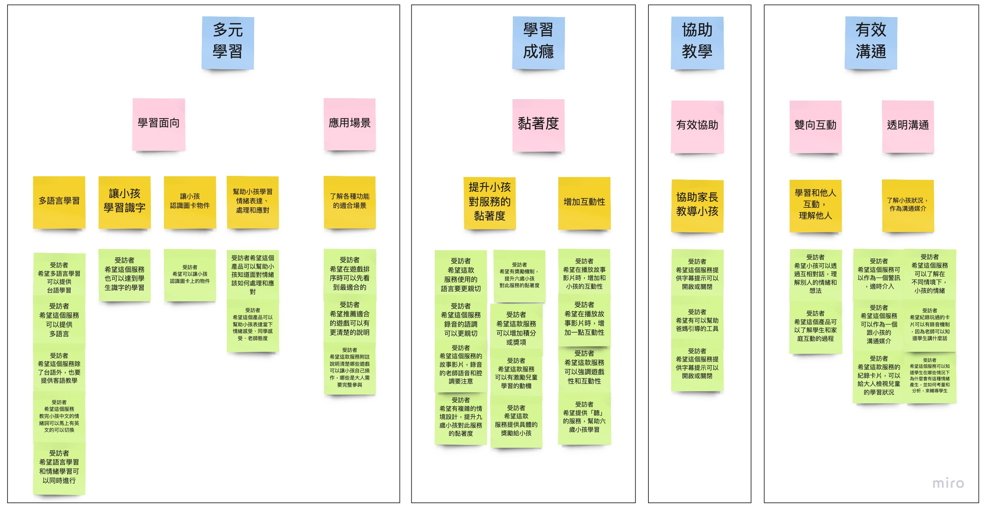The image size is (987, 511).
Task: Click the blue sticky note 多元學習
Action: [x=227, y=42]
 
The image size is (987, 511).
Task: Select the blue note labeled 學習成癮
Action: [x=538, y=42]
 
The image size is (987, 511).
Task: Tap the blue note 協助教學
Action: [x=697, y=42]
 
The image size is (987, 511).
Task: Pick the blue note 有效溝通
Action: [x=871, y=42]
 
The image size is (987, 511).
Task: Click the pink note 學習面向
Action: [x=159, y=124]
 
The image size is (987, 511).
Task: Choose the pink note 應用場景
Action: [x=350, y=124]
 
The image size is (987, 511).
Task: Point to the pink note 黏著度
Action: [x=538, y=124]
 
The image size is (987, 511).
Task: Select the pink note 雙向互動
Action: [x=815, y=126]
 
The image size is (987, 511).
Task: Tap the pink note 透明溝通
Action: [x=908, y=126]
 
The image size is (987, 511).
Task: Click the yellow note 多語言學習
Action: [x=59, y=201]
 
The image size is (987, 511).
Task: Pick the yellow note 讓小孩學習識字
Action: [x=125, y=201]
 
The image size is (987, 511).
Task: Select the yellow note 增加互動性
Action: [x=584, y=202]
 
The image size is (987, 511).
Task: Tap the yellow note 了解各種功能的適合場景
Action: [x=350, y=201]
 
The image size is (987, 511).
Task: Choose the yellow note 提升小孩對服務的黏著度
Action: [x=489, y=202]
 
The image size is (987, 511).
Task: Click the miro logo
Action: [x=948, y=483]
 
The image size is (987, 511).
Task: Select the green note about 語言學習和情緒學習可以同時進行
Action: [x=59, y=467]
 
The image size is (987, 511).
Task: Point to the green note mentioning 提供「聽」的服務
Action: [x=584, y=418]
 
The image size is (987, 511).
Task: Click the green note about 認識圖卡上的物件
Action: [x=190, y=275]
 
